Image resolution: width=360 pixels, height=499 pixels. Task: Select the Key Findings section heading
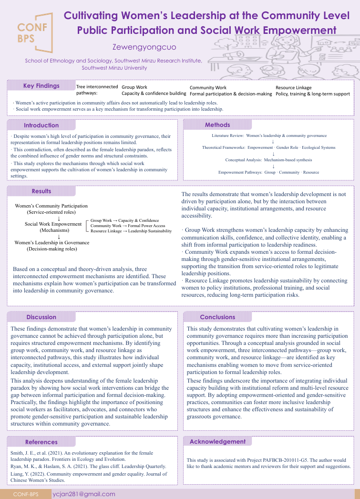(41, 86)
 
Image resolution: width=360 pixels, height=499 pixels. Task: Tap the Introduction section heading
(41, 125)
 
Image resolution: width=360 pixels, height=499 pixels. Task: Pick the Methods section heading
(217, 125)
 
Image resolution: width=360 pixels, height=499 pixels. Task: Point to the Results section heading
(41, 191)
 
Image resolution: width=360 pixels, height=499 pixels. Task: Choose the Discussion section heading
(41, 317)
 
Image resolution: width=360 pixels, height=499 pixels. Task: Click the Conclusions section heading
(217, 317)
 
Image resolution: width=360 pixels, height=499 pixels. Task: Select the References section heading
(41, 442)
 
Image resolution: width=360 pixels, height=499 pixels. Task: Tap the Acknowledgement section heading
(217, 442)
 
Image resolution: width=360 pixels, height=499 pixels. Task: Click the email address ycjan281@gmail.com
(84, 494)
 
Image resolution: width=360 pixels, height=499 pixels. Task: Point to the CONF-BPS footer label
(26, 494)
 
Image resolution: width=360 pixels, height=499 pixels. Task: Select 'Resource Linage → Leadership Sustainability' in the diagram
(131, 231)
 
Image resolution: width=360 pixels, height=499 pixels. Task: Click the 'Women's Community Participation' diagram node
(51, 206)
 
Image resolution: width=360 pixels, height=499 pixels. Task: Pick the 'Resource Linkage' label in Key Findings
(294, 88)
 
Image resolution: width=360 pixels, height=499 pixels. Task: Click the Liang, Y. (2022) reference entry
(89, 477)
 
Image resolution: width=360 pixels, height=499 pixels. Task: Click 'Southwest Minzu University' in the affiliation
(114, 68)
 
